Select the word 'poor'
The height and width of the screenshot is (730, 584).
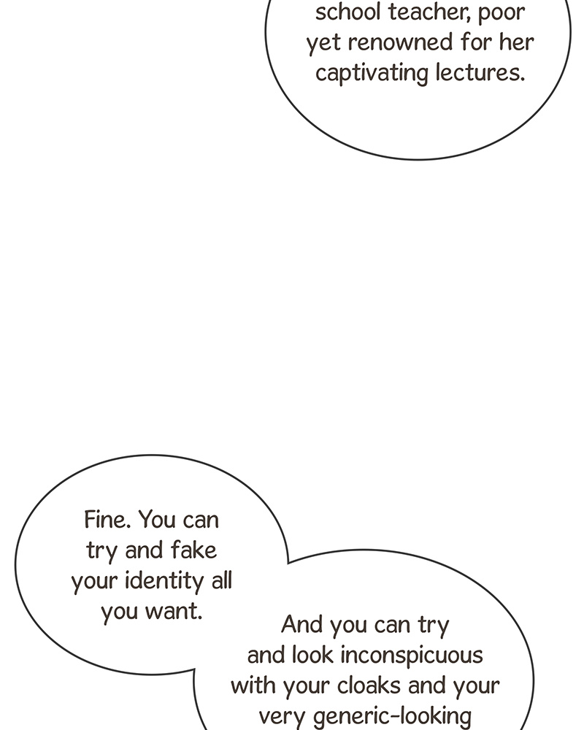pos(501,14)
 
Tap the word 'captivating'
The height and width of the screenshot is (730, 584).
pos(372,74)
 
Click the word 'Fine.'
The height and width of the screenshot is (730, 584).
pos(107,520)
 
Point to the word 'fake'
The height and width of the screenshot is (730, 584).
pos(193,550)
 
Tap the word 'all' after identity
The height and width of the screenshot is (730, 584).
pos(222,580)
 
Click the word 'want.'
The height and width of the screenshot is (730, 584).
pos(174,611)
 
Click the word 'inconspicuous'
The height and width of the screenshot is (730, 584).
pos(412,656)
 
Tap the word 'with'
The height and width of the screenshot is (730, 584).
pos(253,685)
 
